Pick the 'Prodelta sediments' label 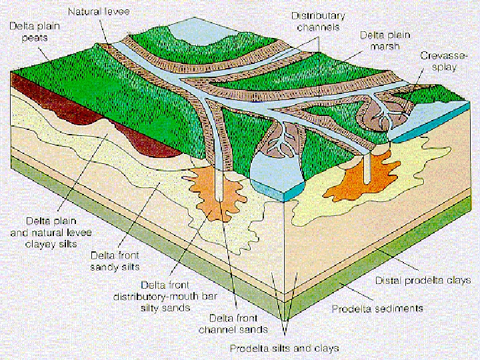coord(377,309)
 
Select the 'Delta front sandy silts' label coord(116,261)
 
